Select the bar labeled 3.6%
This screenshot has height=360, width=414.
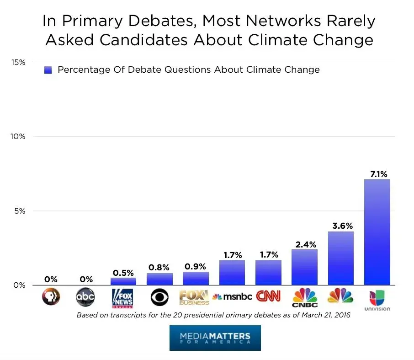click(x=341, y=258)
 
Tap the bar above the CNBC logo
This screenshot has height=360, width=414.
click(x=304, y=267)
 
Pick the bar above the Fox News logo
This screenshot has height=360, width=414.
click(x=123, y=281)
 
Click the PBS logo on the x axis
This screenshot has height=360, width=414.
click(x=51, y=298)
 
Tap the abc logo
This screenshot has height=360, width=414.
click(x=85, y=298)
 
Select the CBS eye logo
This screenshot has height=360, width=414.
click(x=159, y=298)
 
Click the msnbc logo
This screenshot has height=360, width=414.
click(x=232, y=297)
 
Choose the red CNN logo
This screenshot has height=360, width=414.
click(x=268, y=297)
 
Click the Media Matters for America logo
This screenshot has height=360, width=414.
click(x=215, y=338)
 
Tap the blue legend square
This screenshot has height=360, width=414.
click(x=48, y=70)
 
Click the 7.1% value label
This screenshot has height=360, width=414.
click(x=377, y=174)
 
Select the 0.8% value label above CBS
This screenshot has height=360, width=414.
click(x=159, y=268)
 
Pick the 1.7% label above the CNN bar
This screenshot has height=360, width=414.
click(x=268, y=255)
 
